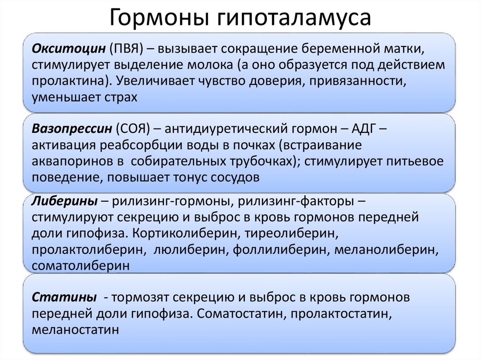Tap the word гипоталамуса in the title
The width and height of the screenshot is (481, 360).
coord(294,18)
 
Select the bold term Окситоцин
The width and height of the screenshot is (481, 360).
coord(69,48)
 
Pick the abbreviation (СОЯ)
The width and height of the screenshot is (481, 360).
coord(132,128)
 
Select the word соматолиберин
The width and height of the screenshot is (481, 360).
coord(81,266)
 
